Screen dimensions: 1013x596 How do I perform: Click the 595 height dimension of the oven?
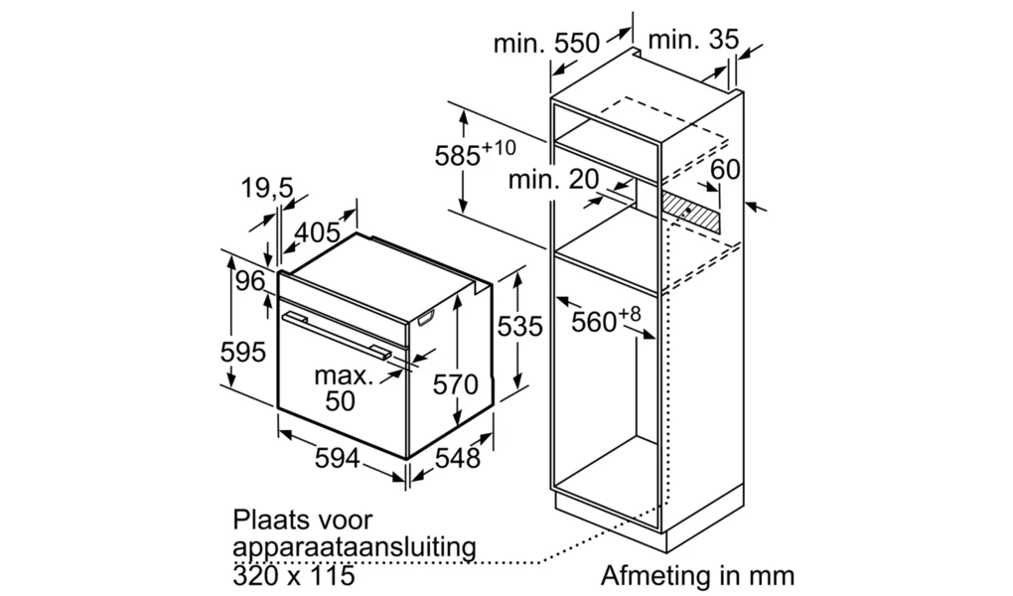[x=243, y=353]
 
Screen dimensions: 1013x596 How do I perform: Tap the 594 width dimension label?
[x=338, y=458]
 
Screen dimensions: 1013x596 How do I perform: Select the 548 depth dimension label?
[x=458, y=458]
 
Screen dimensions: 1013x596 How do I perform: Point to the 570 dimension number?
[x=456, y=384]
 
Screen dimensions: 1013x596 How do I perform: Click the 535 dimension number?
[x=519, y=327]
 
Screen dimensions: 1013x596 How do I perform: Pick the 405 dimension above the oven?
[x=318, y=232]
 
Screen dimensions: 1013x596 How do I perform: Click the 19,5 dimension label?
[x=267, y=188]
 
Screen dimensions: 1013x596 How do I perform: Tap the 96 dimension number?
[x=250, y=281]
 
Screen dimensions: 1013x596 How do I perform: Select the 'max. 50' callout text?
[x=343, y=387]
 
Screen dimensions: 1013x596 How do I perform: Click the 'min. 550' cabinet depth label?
[x=546, y=44]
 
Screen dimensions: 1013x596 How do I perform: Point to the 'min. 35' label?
[x=692, y=40]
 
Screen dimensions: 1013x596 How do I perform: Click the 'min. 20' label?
[x=553, y=179]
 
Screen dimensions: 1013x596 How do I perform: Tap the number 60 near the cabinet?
[x=725, y=169]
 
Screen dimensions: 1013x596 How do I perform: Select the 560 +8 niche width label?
[x=606, y=319]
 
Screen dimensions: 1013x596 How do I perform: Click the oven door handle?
[x=335, y=335]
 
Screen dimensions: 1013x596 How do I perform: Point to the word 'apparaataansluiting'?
[x=354, y=547]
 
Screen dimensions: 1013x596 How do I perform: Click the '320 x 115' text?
[x=294, y=575]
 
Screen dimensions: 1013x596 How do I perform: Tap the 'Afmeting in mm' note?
[x=698, y=574]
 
